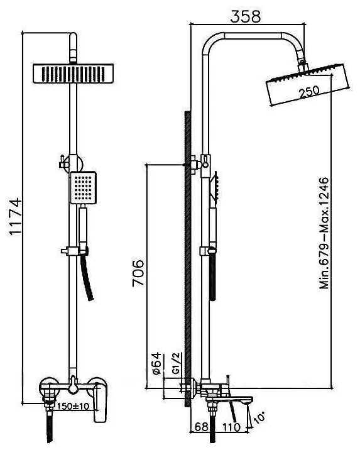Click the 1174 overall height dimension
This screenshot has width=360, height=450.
click(x=15, y=216)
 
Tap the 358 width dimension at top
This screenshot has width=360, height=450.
click(x=246, y=16)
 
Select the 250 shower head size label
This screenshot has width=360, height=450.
click(x=308, y=92)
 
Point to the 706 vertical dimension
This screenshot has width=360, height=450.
click(x=138, y=273)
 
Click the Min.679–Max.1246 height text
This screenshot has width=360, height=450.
click(x=324, y=233)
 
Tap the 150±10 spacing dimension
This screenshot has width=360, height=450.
click(x=73, y=406)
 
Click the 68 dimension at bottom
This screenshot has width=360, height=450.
click(x=202, y=427)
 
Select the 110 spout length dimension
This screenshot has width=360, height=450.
click(x=232, y=427)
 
